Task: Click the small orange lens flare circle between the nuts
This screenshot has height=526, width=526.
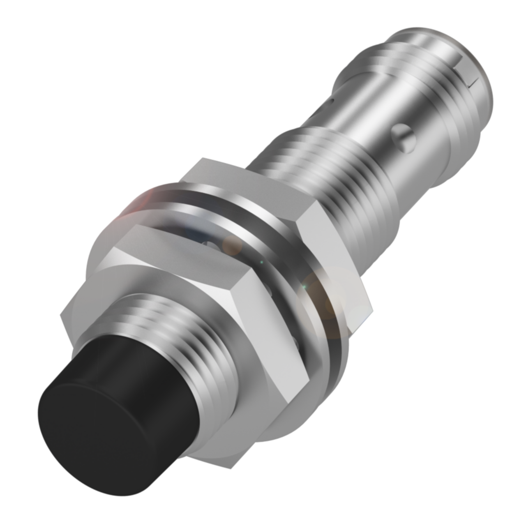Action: pyautogui.click(x=233, y=246)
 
